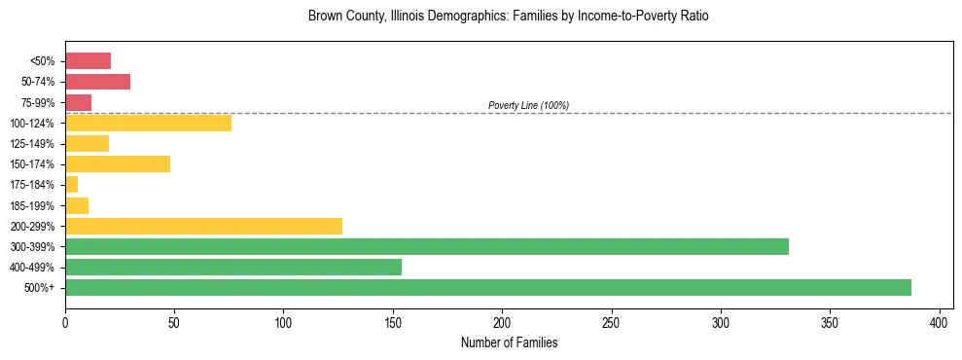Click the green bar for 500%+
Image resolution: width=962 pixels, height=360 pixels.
[487, 287]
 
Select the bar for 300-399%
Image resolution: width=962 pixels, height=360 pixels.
[426, 246]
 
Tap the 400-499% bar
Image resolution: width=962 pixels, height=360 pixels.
[233, 267]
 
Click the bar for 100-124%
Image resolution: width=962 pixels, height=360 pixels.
[148, 123]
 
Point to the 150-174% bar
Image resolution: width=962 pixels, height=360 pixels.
[118, 163]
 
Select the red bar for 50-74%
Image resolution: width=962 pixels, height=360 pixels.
[97, 82]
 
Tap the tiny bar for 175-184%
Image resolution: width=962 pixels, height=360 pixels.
[71, 185]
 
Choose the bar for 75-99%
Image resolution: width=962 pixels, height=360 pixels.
[78, 102]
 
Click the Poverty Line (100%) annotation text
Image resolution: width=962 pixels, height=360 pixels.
[528, 105]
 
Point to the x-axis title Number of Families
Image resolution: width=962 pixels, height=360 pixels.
[509, 342]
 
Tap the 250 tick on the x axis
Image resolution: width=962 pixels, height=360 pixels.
[611, 322]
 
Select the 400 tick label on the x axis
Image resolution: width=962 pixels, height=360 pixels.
[940, 322]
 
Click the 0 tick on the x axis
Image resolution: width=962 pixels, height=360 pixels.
[65, 322]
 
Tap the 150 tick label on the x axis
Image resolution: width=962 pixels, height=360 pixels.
[393, 322]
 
